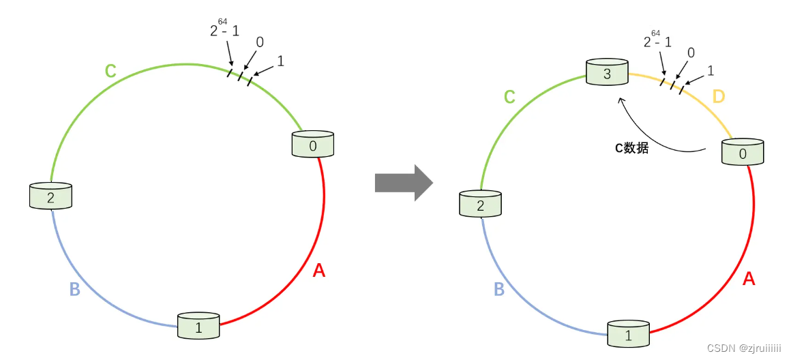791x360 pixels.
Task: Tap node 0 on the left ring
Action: (314, 144)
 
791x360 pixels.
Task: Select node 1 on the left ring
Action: (198, 327)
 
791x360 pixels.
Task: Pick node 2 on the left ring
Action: (50, 196)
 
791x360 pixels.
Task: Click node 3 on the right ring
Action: (607, 72)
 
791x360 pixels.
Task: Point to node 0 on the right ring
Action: (743, 152)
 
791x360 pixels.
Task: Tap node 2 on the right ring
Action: (480, 205)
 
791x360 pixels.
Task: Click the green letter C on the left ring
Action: (110, 70)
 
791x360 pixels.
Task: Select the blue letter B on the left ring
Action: (75, 289)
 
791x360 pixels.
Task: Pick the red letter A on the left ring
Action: (318, 271)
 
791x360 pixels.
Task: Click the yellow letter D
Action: (718, 97)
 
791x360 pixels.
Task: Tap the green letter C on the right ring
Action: (509, 97)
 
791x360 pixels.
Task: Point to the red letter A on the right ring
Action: (748, 278)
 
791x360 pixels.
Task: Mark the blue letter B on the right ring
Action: (499, 289)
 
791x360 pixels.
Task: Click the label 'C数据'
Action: (631, 147)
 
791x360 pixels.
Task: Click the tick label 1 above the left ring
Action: (280, 61)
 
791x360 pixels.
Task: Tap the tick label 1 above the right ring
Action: (710, 70)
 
